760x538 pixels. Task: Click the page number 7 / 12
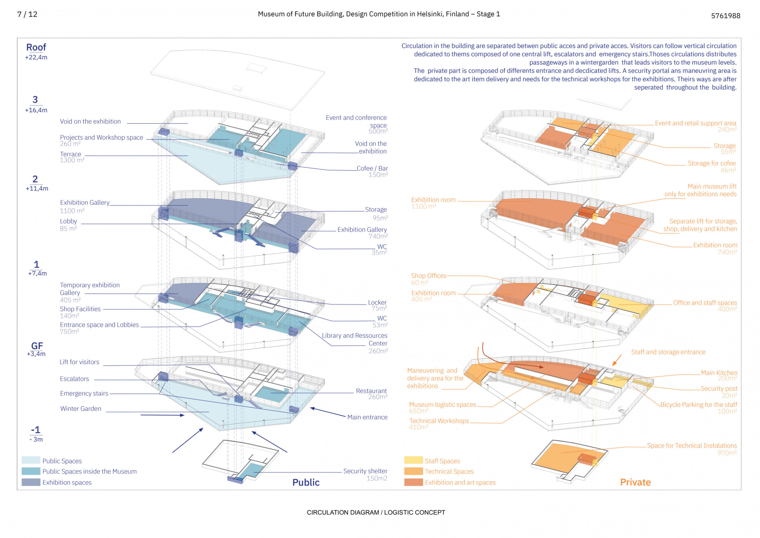[x=27, y=14]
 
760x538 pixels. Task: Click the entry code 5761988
[x=725, y=16]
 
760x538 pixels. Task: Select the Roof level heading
[x=36, y=47]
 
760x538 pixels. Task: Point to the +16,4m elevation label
[x=36, y=110]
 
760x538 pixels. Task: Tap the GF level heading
[x=37, y=346]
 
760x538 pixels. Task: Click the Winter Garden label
[x=80, y=409]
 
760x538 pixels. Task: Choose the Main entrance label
[x=367, y=417]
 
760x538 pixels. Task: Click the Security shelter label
[x=365, y=471]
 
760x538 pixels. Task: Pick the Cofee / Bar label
[x=372, y=168]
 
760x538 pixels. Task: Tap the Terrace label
[x=70, y=154]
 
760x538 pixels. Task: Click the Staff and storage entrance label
[x=668, y=352]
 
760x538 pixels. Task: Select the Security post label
[x=719, y=388]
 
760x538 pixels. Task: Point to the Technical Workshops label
[x=439, y=421]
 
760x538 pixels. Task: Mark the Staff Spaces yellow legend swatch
[x=413, y=460]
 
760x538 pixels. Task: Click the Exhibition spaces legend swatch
[x=31, y=482]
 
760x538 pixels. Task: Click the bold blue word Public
[x=306, y=482]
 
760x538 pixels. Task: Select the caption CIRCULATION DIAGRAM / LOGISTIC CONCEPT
[x=376, y=513]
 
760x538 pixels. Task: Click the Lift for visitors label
[x=79, y=362]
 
